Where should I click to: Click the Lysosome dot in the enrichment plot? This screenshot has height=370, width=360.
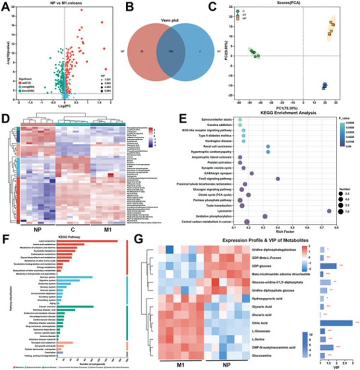[329, 211]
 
